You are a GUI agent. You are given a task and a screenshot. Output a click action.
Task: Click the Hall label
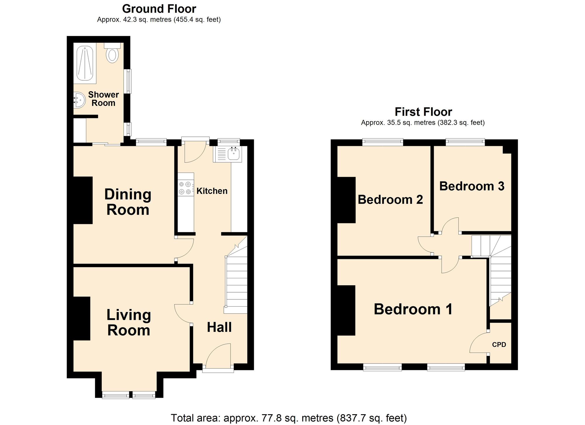(x=219, y=327)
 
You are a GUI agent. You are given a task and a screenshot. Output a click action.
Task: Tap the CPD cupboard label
(x=499, y=345)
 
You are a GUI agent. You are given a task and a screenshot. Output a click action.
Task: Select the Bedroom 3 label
(x=472, y=186)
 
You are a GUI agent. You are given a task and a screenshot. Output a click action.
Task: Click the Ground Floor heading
(x=159, y=9)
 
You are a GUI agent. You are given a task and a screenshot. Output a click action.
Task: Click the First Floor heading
(x=423, y=112)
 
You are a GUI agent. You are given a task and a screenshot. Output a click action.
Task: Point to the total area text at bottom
(x=288, y=418)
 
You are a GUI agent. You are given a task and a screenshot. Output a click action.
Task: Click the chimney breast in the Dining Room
(x=83, y=200)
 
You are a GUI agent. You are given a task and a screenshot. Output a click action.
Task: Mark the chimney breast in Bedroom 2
(x=346, y=200)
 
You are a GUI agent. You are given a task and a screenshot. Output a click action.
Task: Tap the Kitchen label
(x=212, y=191)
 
